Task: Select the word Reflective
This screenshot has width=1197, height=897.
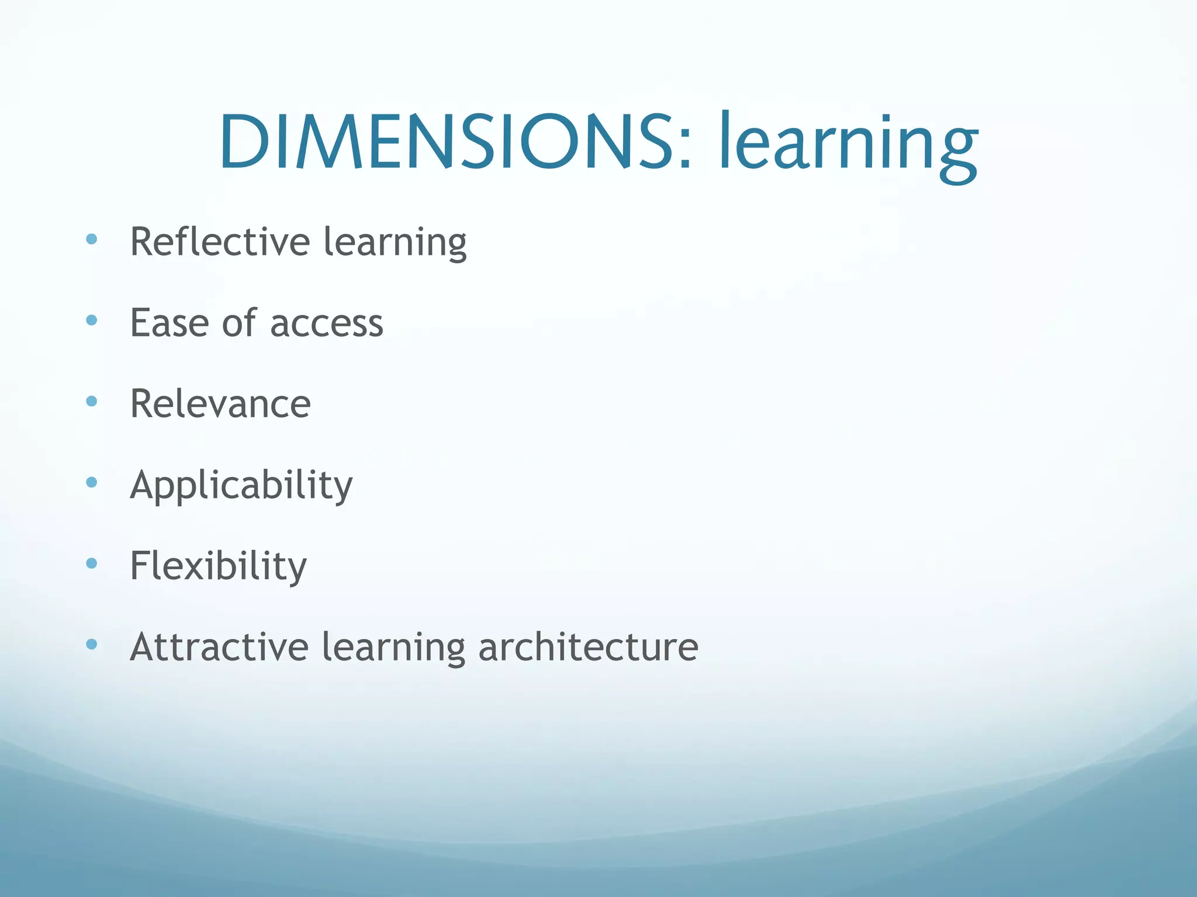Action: (x=220, y=242)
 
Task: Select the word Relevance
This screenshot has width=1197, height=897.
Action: (x=220, y=404)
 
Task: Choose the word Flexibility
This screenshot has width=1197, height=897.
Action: (x=218, y=566)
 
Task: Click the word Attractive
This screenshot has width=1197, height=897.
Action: (x=219, y=647)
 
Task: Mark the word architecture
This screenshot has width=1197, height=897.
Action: (x=588, y=647)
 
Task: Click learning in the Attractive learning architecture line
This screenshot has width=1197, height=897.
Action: (x=393, y=648)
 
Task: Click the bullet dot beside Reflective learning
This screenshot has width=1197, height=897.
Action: (x=91, y=239)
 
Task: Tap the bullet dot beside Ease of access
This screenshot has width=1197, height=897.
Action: (x=91, y=320)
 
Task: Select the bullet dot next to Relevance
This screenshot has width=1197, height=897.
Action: (x=91, y=401)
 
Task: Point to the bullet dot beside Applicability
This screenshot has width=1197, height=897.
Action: (x=91, y=482)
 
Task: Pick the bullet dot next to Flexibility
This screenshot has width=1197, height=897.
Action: (x=91, y=564)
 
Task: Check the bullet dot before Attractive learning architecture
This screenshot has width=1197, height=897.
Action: (x=91, y=645)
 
